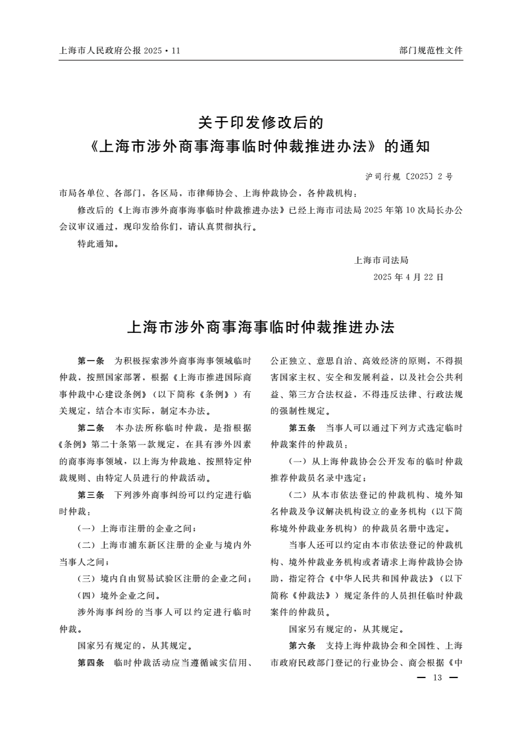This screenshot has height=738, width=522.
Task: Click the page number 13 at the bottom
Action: (436, 678)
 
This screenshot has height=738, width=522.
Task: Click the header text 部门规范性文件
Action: (431, 50)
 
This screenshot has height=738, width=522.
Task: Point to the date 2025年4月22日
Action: (408, 277)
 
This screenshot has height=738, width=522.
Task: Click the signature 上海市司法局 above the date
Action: (381, 260)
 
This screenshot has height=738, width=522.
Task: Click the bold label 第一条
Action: (91, 361)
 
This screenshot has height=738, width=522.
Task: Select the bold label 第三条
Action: (91, 493)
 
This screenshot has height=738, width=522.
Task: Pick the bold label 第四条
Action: (91, 661)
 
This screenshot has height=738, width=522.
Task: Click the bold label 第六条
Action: (302, 644)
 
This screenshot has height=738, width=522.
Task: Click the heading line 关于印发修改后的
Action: (261, 122)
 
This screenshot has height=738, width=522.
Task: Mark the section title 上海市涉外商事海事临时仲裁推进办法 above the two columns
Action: (260, 326)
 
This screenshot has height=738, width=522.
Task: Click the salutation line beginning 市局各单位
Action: (209, 193)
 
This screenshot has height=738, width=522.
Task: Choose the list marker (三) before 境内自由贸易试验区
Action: (87, 579)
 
